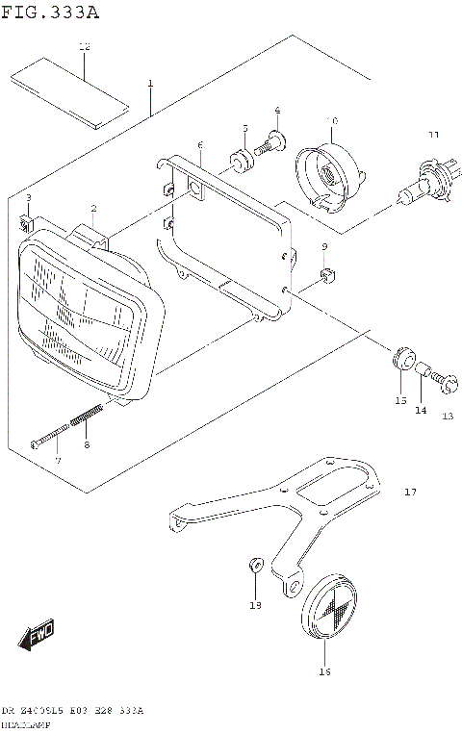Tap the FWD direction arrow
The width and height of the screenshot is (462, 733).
point(37,636)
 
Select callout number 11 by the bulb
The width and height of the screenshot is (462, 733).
point(433,135)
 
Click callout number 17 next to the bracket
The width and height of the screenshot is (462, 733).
point(410,493)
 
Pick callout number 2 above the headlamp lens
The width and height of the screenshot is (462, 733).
point(93,208)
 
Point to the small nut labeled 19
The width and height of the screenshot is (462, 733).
point(254,564)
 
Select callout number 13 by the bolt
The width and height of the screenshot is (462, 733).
point(447,416)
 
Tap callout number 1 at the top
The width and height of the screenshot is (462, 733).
point(150,85)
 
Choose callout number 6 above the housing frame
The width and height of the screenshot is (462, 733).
point(199,145)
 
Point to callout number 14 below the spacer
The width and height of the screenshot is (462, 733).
point(420,411)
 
